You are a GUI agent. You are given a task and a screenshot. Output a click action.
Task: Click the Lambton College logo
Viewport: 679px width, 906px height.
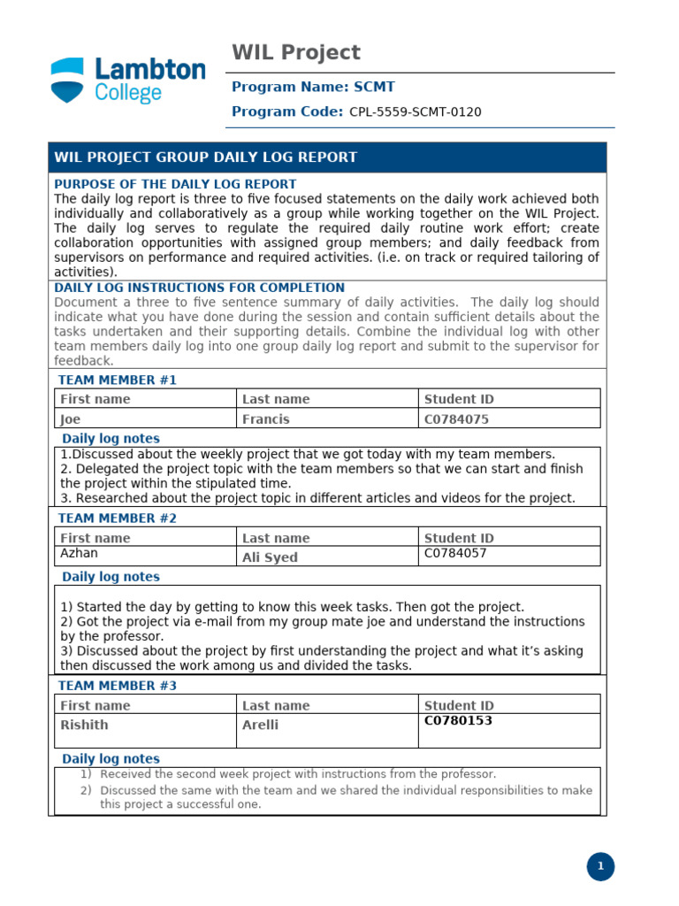pyautogui.click(x=127, y=81)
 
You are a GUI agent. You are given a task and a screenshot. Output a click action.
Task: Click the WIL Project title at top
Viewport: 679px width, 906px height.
pyautogui.click(x=296, y=52)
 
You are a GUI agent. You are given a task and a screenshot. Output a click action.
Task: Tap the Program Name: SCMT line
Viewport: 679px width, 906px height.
pyautogui.click(x=313, y=87)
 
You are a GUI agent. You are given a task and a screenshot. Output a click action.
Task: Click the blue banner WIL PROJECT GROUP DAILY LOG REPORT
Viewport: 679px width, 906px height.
pyautogui.click(x=206, y=157)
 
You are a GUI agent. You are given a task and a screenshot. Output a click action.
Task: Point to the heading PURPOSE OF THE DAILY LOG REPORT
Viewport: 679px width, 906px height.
pyautogui.click(x=175, y=184)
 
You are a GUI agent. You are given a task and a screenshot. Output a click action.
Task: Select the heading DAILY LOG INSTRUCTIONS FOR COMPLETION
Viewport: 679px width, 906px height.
pyautogui.click(x=199, y=288)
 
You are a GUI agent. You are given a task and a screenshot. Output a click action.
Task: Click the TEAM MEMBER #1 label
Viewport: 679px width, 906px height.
pyautogui.click(x=118, y=380)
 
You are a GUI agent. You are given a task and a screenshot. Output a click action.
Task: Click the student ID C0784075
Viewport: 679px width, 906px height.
pyautogui.click(x=456, y=419)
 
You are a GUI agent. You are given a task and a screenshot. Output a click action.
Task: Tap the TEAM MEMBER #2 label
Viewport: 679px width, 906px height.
pyautogui.click(x=118, y=518)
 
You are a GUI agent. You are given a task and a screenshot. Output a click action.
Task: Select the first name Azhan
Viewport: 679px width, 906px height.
pyautogui.click(x=79, y=553)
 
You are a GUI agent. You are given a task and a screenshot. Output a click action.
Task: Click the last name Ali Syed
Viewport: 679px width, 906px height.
pyautogui.click(x=270, y=557)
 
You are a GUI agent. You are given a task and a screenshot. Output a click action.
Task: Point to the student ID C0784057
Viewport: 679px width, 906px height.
pyautogui.click(x=455, y=554)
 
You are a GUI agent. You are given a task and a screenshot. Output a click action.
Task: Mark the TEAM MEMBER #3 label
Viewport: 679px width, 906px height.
pyautogui.click(x=118, y=686)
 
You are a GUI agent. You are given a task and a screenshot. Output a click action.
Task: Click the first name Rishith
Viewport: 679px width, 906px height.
pyautogui.click(x=84, y=725)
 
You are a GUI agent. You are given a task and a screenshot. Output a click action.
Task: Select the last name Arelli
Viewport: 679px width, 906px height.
pyautogui.click(x=260, y=725)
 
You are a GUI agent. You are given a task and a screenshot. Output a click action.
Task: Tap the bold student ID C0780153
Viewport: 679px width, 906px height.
pyautogui.click(x=458, y=721)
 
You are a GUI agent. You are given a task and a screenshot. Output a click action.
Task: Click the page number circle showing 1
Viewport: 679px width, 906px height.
pyautogui.click(x=600, y=867)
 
